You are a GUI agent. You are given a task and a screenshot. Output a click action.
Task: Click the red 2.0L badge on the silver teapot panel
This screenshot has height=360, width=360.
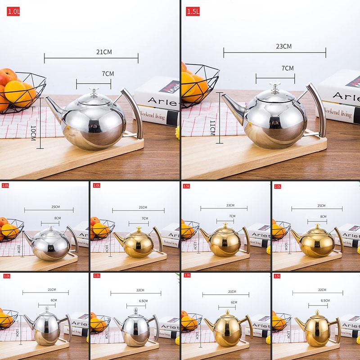coord(5,185)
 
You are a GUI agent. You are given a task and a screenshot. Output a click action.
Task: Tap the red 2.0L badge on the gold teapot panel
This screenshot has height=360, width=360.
coord(277,185)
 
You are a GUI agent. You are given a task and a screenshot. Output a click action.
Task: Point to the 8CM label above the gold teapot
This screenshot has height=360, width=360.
coord(323,216)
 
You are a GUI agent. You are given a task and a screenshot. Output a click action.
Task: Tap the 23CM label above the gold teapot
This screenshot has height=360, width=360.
coord(230,205)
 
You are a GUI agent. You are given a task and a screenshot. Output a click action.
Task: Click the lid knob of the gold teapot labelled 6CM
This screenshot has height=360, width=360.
coord(228,312)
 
